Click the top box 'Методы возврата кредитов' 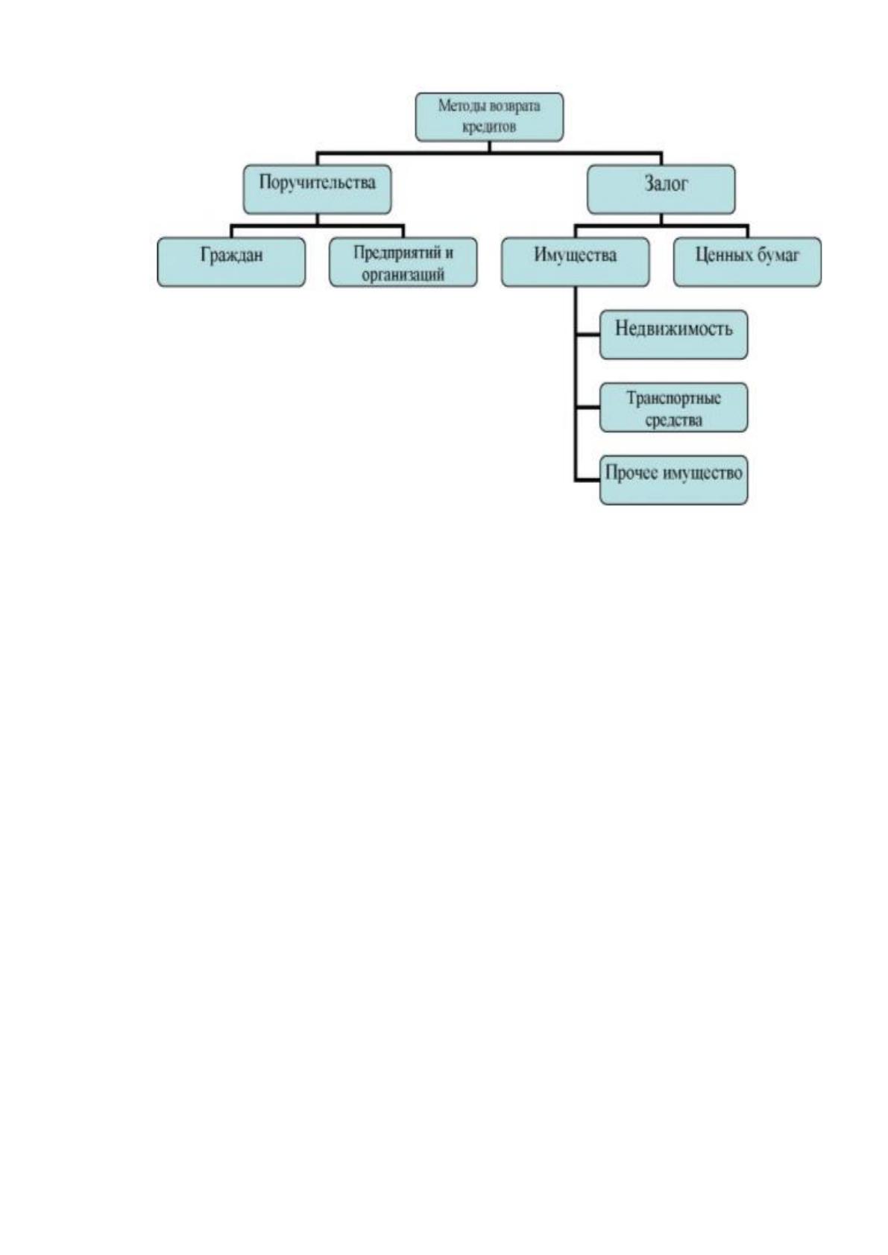point(489,117)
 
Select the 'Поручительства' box point(318,189)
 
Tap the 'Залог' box point(661,189)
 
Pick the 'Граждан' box point(232,262)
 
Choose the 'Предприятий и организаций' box point(403,262)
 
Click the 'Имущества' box point(575,262)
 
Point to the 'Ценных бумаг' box point(747,262)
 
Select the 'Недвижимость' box point(674,335)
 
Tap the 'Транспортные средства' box point(674,408)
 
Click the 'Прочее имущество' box point(674,480)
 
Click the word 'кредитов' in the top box point(489,127)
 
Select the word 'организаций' point(403,275)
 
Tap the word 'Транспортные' point(673,399)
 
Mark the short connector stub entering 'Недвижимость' point(588,335)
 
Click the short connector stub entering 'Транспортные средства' point(588,408)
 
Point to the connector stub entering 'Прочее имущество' point(588,480)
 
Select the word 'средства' point(673,420)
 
